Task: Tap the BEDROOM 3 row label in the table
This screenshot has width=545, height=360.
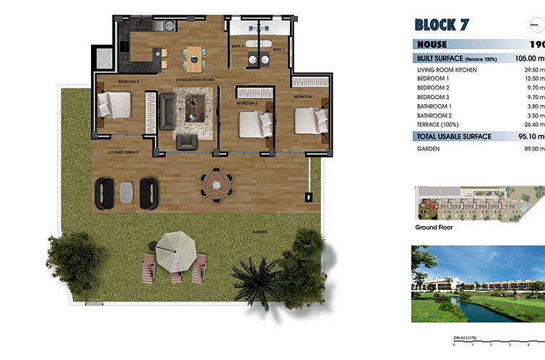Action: [x=433, y=96]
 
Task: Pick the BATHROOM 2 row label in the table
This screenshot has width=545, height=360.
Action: [x=435, y=115]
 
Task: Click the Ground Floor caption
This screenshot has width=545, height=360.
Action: [x=434, y=227]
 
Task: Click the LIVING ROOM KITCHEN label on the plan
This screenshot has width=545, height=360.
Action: [x=194, y=80]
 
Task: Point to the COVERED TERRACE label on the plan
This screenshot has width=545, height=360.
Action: [x=123, y=153]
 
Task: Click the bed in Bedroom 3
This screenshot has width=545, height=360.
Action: [x=114, y=106]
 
